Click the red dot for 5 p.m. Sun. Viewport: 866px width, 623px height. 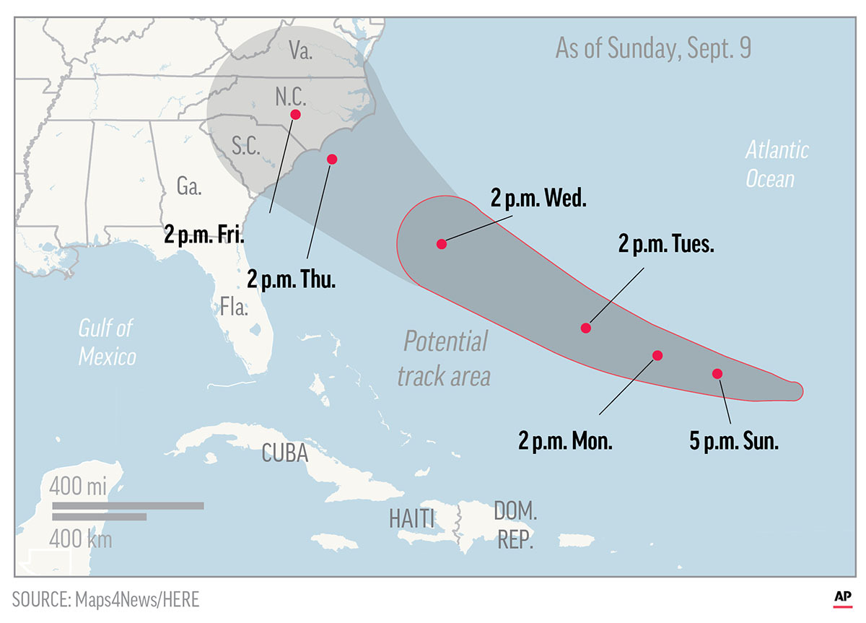point(717,373)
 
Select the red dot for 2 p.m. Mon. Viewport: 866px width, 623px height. point(657,355)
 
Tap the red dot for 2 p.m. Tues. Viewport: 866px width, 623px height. point(586,328)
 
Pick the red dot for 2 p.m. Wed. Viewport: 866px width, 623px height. point(442,244)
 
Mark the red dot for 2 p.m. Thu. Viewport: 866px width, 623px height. point(332,159)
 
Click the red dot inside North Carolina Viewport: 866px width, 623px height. point(295,114)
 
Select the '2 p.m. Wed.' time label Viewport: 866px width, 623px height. point(538,200)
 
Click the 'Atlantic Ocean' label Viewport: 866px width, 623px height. point(777,164)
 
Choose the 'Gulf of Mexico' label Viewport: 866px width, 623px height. point(107,341)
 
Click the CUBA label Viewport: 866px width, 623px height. point(285,453)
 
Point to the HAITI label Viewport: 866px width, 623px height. point(412,518)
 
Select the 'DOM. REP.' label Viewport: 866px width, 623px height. point(515,526)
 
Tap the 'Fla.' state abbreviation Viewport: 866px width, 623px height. point(235,309)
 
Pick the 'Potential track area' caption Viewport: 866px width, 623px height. point(445,357)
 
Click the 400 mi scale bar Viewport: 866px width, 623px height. point(128,505)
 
